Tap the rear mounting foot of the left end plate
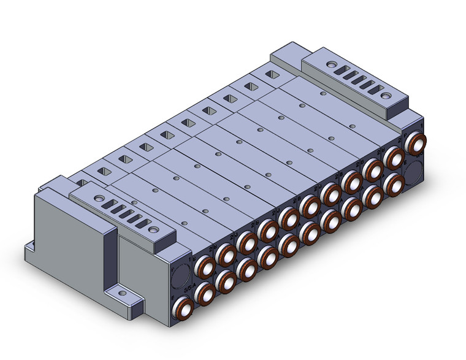31,248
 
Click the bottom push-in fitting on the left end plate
183,305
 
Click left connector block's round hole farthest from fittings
98,199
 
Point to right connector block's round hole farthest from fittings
332,64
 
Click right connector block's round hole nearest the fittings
385,96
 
